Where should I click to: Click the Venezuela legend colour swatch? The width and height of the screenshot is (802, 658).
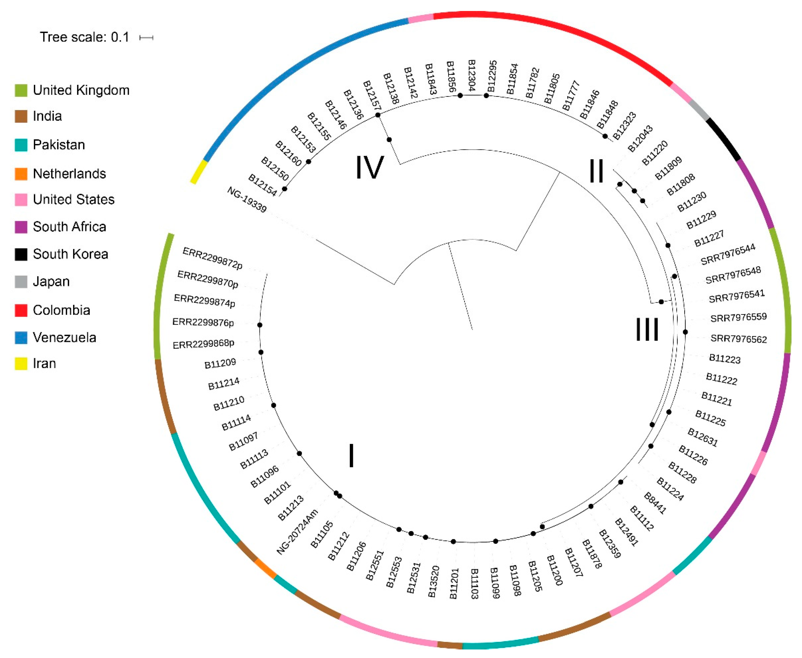coord(21,337)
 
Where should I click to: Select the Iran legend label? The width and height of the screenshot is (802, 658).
coord(44,363)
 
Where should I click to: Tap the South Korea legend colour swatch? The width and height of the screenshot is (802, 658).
coord(21,254)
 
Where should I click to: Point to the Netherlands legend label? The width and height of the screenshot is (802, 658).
coord(69,174)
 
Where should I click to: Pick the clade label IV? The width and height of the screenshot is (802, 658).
coord(369,168)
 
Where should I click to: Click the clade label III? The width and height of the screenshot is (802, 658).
coord(647,329)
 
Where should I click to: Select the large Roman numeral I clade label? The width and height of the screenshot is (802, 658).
coord(351,456)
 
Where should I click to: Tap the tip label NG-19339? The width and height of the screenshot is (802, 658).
coord(247,199)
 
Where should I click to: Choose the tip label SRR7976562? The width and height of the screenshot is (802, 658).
coord(738,339)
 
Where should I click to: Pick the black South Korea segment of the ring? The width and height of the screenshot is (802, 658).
coord(724,139)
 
